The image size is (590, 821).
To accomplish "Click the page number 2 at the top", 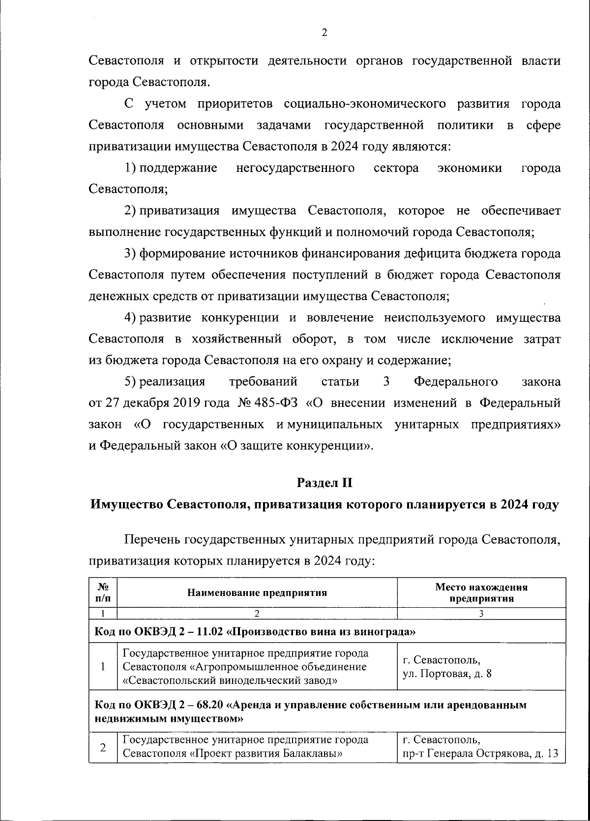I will (x=324, y=33).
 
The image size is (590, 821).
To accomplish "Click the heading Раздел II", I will (x=324, y=483).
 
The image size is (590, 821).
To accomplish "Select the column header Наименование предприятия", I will (x=257, y=593).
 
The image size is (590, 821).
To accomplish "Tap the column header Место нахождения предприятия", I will (x=481, y=593).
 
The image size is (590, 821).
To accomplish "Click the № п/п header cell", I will (x=103, y=593).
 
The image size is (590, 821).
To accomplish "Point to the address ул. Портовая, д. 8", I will (x=447, y=673).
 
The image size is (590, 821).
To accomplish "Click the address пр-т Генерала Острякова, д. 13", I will (x=480, y=754).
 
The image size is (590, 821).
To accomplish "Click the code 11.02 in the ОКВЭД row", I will (x=209, y=631).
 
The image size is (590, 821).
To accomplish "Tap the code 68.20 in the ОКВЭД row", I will (x=209, y=705).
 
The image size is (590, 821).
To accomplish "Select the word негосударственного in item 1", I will (x=295, y=169).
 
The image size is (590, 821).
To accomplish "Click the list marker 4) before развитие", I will (x=130, y=318).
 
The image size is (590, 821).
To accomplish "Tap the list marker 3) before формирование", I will (x=130, y=254).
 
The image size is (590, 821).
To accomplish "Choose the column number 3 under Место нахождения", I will (x=481, y=614).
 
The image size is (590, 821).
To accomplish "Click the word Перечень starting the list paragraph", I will (x=152, y=539).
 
